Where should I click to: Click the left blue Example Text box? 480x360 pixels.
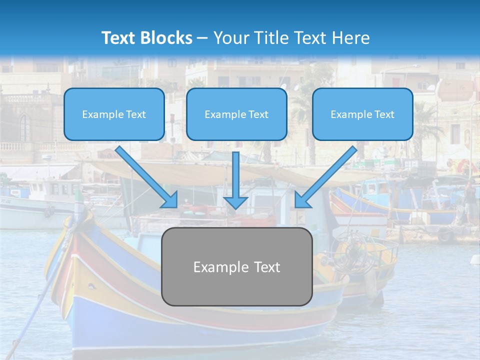[114, 114]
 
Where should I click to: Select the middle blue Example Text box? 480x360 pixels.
[236, 114]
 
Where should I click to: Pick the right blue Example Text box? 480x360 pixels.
[362, 114]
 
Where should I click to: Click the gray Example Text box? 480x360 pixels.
[236, 266]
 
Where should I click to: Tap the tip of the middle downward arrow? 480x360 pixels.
[235, 207]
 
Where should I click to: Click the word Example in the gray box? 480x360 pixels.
[214, 267]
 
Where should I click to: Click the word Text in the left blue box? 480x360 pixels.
[136, 114]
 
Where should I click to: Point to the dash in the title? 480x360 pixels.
[202, 38]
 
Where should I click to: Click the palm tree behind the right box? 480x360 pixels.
[425, 125]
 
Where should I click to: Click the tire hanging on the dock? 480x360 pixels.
[445, 234]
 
